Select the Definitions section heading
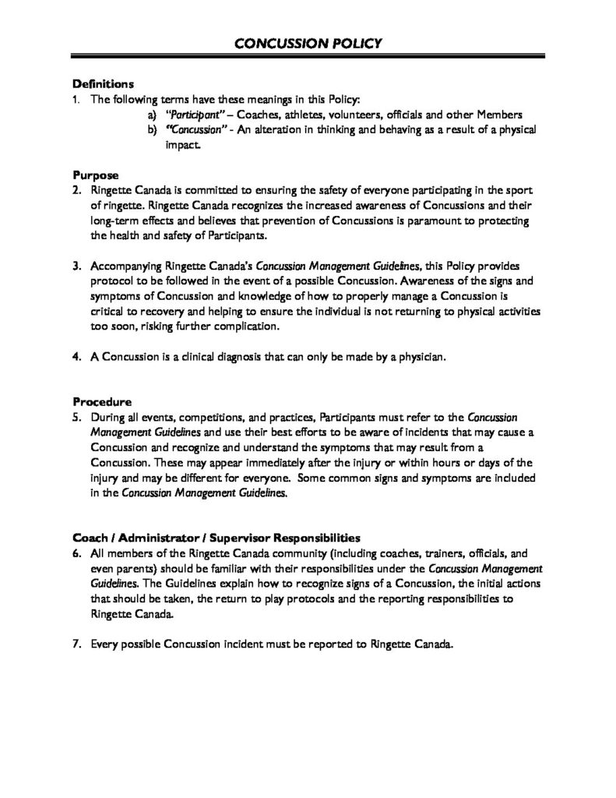pos(104,84)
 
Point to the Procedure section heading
pos(101,403)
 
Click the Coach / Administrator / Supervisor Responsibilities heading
pos(216,538)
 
